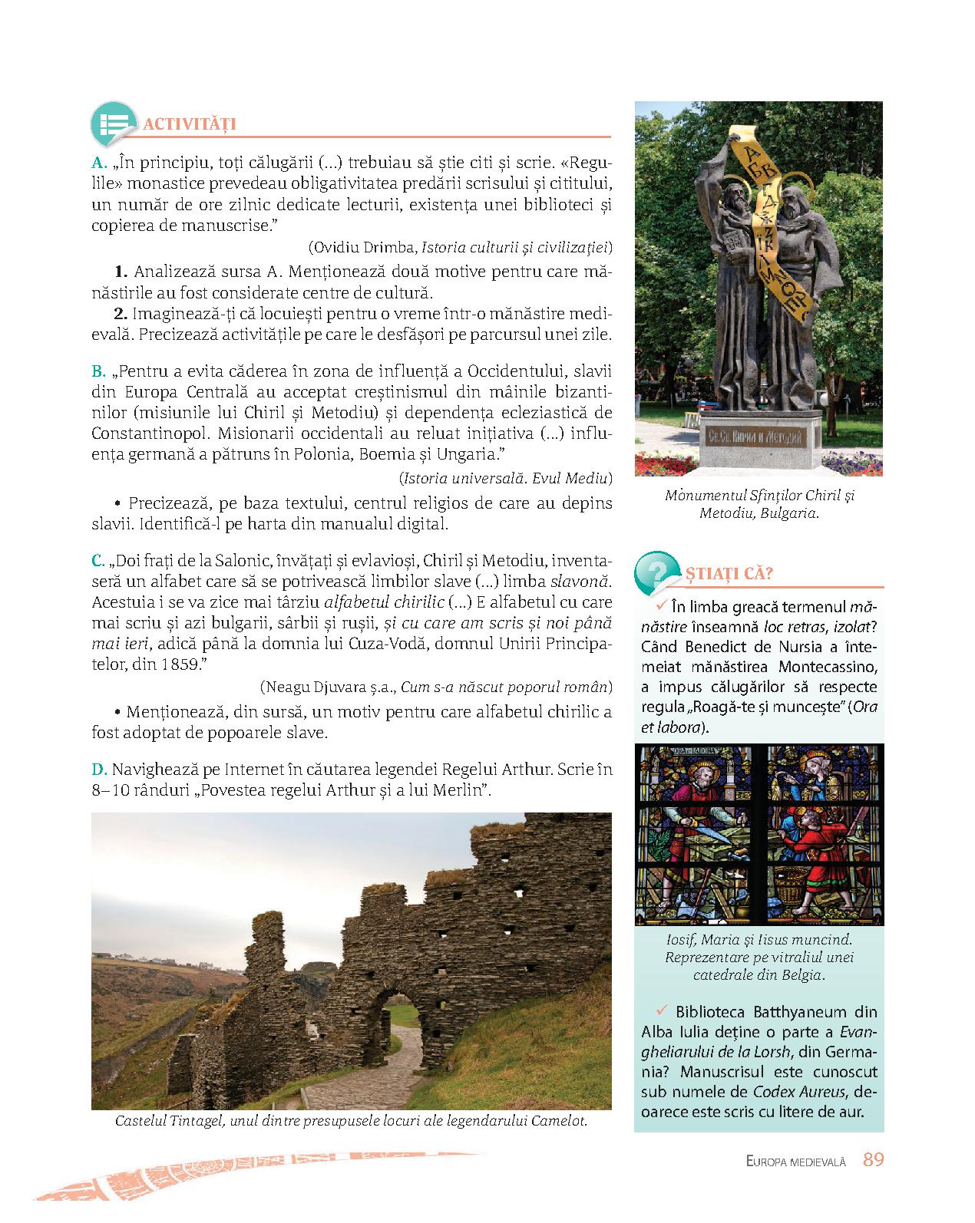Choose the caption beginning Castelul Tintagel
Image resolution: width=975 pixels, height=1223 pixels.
(351, 1119)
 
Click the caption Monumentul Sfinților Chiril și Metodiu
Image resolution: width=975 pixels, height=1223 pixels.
(759, 504)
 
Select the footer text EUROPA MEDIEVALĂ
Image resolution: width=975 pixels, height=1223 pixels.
(795, 1162)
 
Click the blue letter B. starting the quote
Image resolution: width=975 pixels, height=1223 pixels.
(98, 372)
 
